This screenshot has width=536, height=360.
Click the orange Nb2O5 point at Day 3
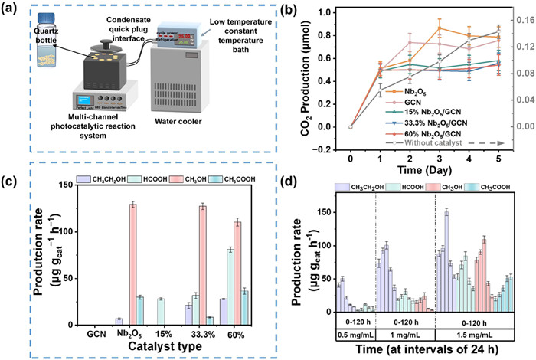[440, 28]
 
